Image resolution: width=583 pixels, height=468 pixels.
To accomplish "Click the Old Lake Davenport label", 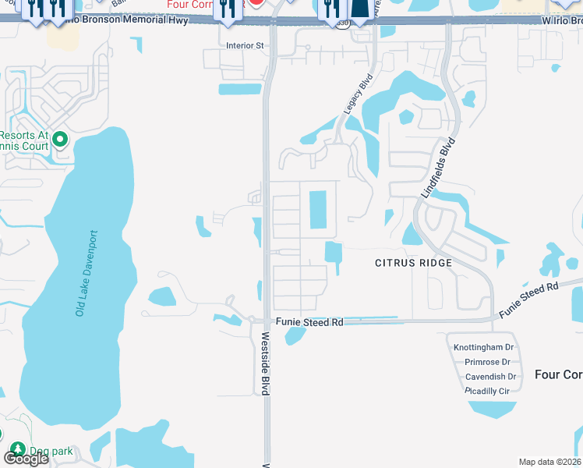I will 87,273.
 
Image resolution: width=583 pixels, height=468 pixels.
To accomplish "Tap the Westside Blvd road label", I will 265,363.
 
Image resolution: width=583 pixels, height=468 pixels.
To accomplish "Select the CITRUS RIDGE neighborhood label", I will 413,263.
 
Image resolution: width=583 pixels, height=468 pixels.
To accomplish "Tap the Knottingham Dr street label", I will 484,346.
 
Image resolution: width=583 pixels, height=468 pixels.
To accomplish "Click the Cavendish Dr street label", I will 487,376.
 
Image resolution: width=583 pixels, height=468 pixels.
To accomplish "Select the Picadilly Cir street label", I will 487,390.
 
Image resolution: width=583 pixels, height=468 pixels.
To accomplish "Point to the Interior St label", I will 245,46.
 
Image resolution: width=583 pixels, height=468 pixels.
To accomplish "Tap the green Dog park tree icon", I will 17,449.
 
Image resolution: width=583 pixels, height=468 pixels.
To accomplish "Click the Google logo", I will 26,459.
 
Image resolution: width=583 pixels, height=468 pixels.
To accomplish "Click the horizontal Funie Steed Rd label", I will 309,322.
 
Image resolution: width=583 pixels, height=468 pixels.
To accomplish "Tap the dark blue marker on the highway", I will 361,9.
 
